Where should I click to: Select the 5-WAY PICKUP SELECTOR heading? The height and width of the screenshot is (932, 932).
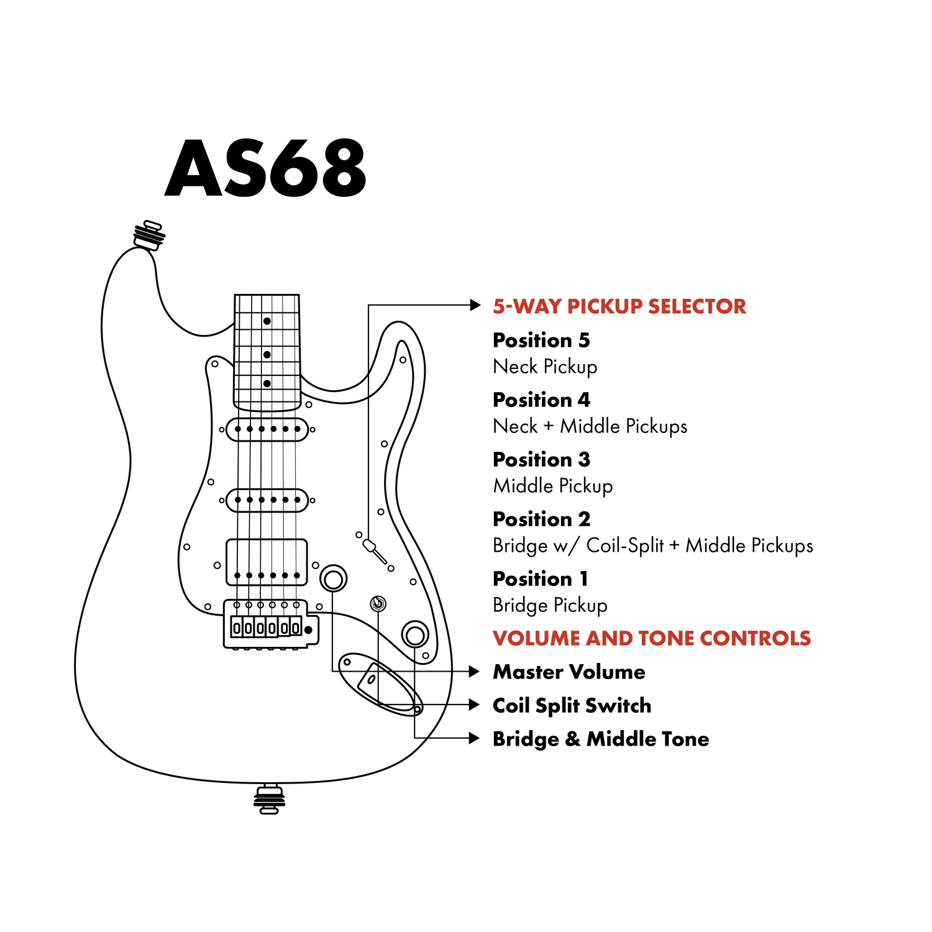(619, 306)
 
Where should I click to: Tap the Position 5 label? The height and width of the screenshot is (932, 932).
(541, 340)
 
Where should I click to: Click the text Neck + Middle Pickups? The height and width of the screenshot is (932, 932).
(590, 426)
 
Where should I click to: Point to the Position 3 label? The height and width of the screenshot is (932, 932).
(541, 459)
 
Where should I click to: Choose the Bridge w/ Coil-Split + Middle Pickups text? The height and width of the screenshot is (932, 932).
(653, 546)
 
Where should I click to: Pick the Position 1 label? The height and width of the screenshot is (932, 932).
(540, 578)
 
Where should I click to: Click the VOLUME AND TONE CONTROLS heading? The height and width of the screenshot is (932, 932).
(652, 638)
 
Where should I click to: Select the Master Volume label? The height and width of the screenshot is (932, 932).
(569, 672)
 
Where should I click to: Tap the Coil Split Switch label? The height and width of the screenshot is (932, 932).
(572, 706)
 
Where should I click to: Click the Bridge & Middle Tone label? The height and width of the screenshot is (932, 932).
(601, 739)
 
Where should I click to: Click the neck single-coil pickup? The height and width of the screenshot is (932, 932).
(267, 429)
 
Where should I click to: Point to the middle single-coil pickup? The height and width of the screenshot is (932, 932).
(267, 500)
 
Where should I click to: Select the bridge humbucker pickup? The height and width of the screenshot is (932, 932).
(267, 562)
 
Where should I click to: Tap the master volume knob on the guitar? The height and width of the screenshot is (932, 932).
(334, 578)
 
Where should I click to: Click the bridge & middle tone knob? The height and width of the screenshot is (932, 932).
(414, 634)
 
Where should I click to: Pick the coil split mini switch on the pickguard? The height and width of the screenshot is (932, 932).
(378, 603)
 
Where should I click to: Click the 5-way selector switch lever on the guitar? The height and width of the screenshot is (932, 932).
(375, 552)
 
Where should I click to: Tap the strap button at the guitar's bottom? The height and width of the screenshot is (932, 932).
(269, 799)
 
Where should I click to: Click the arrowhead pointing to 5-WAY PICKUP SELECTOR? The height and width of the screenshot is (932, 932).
(475, 305)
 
